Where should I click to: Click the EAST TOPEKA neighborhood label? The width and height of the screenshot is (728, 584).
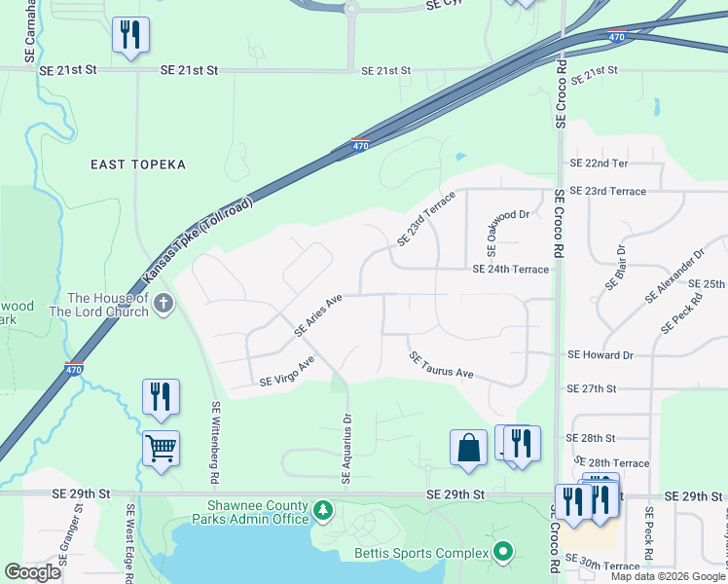click(138, 164)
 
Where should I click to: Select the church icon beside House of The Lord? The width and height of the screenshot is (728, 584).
click(164, 304)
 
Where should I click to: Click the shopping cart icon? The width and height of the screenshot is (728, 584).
click(161, 449)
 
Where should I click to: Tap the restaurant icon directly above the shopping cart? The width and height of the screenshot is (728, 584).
click(161, 396)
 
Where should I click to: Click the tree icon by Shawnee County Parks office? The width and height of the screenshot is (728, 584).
click(323, 510)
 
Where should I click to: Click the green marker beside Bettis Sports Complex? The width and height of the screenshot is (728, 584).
click(502, 552)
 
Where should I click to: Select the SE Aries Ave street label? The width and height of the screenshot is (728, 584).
click(319, 317)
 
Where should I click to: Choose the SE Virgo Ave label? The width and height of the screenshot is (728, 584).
click(287, 373)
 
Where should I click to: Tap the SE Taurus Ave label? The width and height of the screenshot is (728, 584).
click(441, 366)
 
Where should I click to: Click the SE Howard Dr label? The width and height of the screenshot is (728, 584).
click(600, 355)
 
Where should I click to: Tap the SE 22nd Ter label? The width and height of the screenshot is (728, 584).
click(600, 163)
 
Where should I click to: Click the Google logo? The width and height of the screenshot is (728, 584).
click(33, 572)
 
